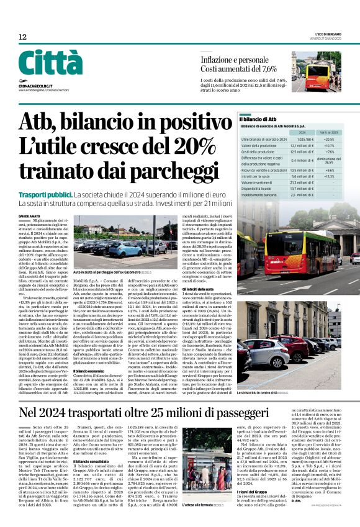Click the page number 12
point(22,37)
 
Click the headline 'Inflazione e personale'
point(235,60)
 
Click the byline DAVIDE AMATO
point(29,216)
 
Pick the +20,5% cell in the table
point(330,139)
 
